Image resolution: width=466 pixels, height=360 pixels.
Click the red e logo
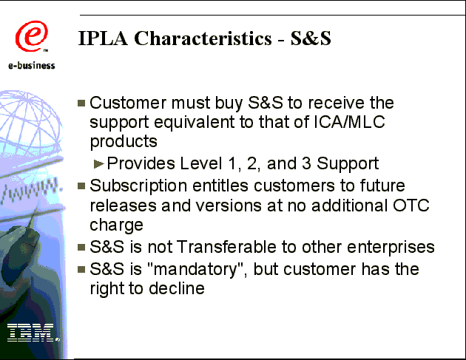click(x=32, y=36)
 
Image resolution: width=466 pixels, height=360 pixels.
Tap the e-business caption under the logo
click(x=32, y=65)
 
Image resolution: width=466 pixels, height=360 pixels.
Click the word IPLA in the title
click(x=103, y=38)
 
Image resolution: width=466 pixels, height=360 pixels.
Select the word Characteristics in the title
click(x=203, y=38)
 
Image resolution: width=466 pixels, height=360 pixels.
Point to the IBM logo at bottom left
click(x=33, y=333)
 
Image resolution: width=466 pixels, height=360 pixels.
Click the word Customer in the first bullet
click(x=128, y=103)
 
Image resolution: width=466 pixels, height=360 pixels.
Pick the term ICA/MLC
click(x=349, y=121)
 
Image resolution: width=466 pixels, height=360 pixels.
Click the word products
click(x=124, y=141)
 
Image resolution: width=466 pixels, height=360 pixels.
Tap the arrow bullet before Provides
click(x=98, y=163)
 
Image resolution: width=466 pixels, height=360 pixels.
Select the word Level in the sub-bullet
click(x=201, y=163)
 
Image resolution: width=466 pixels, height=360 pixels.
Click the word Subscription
click(x=138, y=186)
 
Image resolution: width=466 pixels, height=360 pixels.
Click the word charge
click(x=117, y=225)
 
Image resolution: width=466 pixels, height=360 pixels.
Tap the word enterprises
click(x=391, y=248)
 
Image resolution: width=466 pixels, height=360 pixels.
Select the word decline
click(x=177, y=288)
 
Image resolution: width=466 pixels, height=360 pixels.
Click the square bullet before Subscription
click(x=81, y=186)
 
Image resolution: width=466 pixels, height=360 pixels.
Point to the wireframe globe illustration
click(x=30, y=119)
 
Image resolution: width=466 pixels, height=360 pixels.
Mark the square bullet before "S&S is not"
click(x=81, y=247)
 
